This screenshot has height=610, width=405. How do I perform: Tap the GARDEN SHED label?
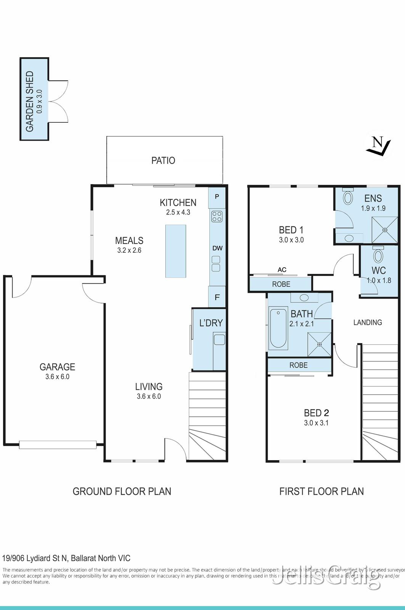30,101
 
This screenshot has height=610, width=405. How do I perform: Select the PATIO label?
163,161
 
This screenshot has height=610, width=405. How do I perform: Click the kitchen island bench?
176,251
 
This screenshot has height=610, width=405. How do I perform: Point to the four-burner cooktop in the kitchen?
217,217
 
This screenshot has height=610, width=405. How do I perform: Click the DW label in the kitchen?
217,248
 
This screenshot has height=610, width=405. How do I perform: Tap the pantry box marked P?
217,197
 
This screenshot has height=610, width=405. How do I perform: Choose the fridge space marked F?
217,297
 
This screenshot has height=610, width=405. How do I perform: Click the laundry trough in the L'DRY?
219,339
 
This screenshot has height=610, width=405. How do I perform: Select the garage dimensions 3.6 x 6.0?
57,377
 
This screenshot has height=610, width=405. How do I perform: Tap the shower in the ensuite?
384,230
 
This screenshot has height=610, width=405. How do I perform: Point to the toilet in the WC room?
378,255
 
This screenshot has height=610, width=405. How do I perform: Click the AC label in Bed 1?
282,270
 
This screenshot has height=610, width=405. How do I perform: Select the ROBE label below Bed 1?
281,284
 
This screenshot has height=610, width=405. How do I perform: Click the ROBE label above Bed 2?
298,365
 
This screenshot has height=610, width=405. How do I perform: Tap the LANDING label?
368,323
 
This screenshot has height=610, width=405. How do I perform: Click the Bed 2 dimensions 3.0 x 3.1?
316,423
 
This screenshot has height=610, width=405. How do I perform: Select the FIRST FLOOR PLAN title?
321,491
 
